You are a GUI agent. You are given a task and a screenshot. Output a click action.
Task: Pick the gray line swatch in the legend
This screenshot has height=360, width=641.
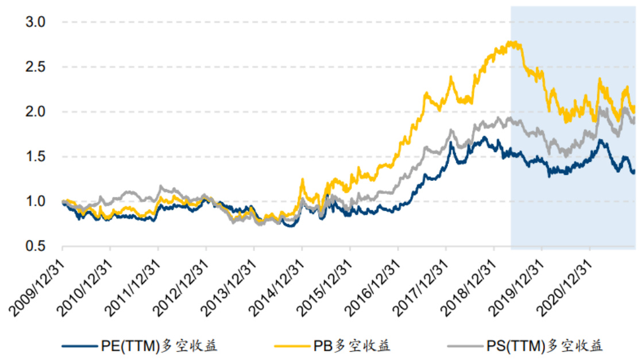point(462,346)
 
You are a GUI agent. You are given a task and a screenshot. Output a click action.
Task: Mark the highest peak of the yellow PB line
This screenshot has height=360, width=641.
point(513,42)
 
